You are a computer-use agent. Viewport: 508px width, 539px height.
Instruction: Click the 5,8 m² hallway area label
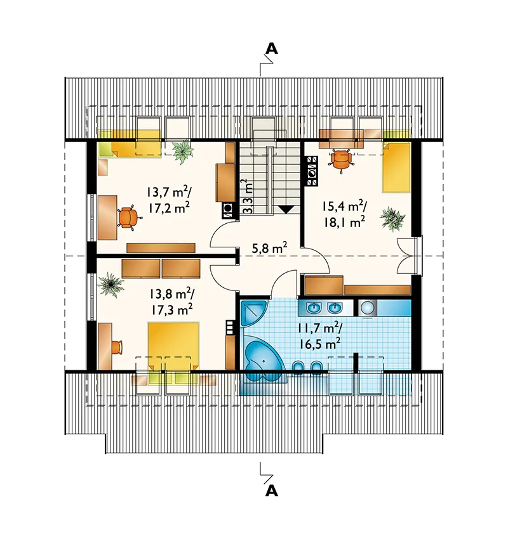269,248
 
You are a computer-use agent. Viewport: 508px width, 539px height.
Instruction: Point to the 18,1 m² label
344,223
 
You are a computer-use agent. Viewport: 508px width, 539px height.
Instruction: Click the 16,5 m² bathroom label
317,344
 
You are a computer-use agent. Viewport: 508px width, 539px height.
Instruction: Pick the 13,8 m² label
171,294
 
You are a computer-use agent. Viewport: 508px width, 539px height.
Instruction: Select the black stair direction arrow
285,209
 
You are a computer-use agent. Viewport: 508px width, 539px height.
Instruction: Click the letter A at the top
272,49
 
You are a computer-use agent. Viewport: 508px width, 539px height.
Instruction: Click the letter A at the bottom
272,491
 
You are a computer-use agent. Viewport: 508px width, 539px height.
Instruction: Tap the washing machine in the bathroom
368,308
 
